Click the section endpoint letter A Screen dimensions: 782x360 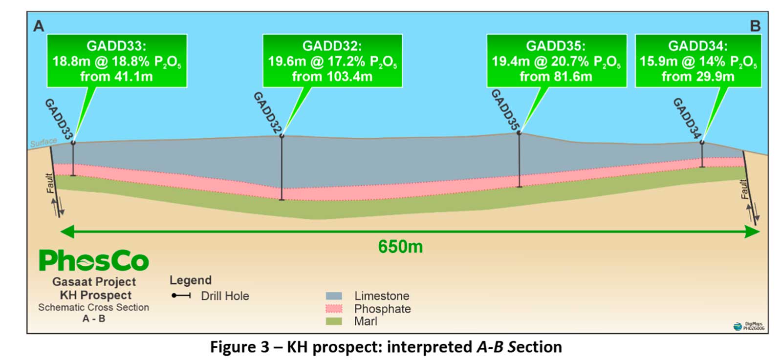point(39,26)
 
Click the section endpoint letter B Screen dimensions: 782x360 point(755,26)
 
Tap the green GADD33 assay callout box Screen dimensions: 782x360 point(117,61)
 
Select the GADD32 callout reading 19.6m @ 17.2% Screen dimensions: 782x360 point(332,61)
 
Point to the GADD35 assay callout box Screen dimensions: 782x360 point(557,61)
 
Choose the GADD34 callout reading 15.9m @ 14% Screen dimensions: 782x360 point(698,61)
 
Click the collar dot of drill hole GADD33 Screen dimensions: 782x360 point(73,143)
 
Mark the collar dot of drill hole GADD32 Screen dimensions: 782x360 point(282,136)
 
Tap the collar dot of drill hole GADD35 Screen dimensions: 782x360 point(519,133)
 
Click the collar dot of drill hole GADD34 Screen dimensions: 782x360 point(702,143)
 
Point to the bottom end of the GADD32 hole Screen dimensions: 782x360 point(282,200)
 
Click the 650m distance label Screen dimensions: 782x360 point(400,247)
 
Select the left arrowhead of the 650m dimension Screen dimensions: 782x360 point(67,232)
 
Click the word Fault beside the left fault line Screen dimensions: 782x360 point(50,183)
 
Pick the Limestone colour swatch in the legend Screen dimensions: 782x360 point(334,296)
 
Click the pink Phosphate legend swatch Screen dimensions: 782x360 point(334,308)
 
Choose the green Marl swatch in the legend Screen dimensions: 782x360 point(334,321)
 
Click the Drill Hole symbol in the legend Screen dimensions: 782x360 point(181,296)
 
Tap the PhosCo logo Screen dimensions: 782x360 point(94,260)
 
